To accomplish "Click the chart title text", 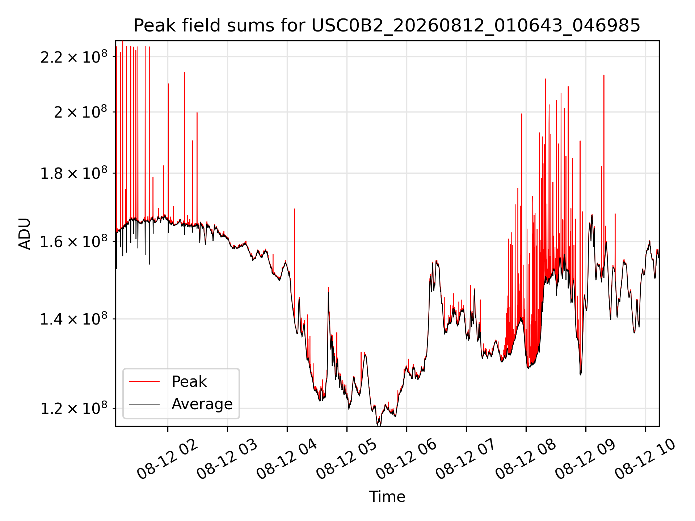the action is (387, 26).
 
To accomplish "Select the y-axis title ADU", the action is (25, 234).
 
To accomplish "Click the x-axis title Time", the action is (387, 496).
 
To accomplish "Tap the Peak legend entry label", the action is (189, 382).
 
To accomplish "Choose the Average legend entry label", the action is (202, 404).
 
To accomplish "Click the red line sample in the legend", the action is (144, 381).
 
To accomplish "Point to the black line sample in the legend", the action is (144, 404).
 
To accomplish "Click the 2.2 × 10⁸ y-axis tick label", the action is (74, 57).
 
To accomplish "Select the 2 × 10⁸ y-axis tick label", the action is (81, 112).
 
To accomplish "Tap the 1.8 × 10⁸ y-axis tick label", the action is (74, 173).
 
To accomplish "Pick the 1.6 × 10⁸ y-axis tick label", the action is (74, 242).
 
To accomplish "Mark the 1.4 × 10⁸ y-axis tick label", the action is (74, 319).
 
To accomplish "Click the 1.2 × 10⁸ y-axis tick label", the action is (74, 408).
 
